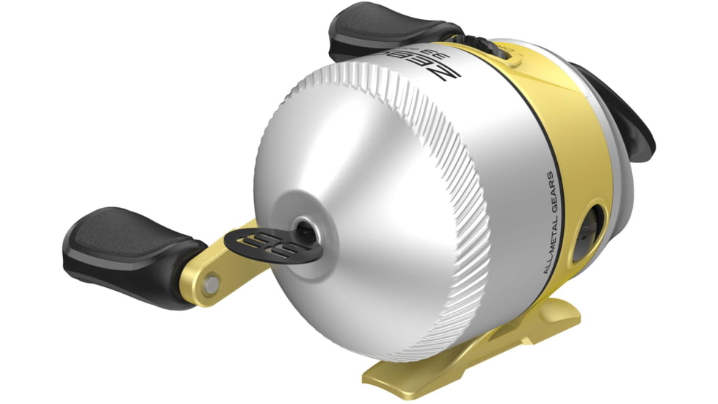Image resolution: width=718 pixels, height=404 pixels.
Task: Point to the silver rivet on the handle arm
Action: pyautogui.click(x=211, y=281)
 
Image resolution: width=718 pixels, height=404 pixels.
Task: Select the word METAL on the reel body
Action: pyautogui.click(x=551, y=234)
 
